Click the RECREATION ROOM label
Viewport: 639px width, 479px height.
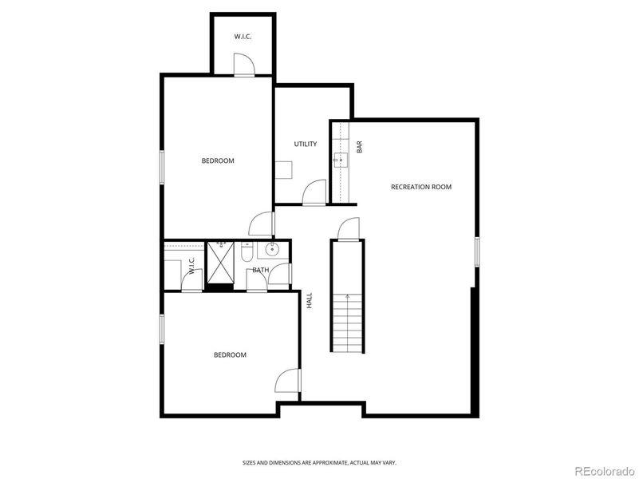click(420, 187)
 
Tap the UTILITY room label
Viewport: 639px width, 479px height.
click(305, 144)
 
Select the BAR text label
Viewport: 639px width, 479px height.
click(360, 148)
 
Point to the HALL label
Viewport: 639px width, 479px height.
click(309, 300)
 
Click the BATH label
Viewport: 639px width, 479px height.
click(260, 270)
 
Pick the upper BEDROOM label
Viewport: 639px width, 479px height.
click(217, 160)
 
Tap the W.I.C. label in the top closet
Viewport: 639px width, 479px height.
click(243, 37)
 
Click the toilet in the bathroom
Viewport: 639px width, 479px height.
click(248, 253)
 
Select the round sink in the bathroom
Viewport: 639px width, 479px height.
click(272, 250)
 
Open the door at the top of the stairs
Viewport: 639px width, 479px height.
click(348, 229)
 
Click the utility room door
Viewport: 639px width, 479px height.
click(315, 193)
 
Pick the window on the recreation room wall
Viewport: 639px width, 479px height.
click(476, 251)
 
